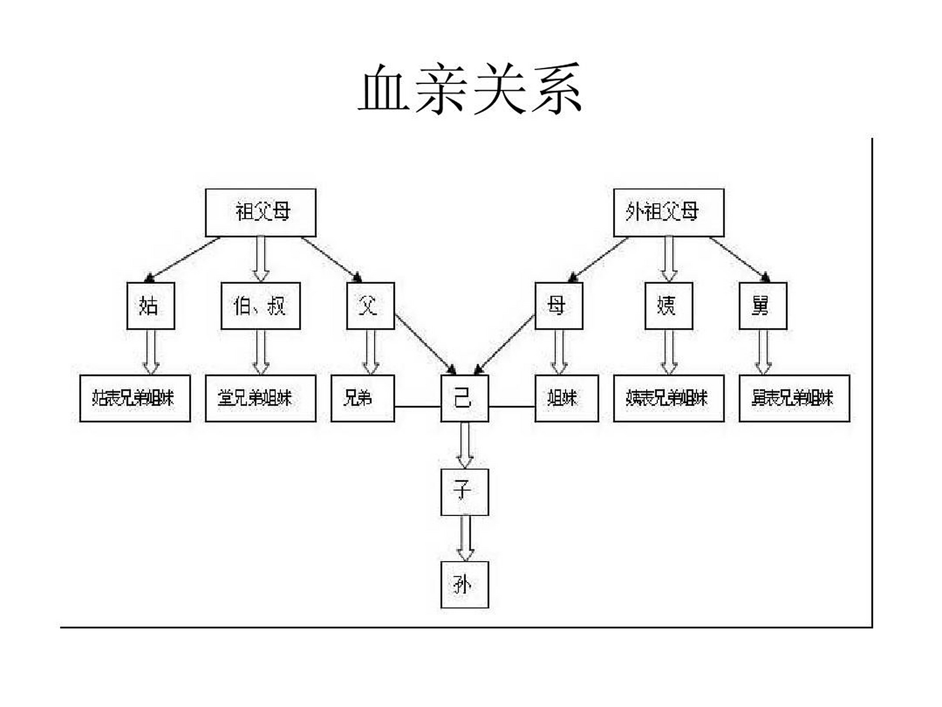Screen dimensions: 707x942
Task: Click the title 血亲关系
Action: click(470, 89)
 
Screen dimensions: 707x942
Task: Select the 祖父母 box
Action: click(260, 213)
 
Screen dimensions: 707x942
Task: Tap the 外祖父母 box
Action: click(668, 213)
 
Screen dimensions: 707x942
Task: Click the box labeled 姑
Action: click(151, 306)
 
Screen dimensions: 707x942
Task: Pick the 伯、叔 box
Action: click(260, 306)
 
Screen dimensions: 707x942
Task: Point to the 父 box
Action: click(370, 306)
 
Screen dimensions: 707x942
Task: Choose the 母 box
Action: click(558, 306)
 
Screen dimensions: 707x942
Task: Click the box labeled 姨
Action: click(668, 306)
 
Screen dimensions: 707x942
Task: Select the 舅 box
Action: click(763, 306)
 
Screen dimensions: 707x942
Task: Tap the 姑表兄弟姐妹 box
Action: click(135, 398)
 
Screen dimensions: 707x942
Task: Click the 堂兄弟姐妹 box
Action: click(260, 398)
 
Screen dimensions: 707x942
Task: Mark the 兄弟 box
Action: click(363, 398)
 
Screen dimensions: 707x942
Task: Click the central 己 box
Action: click(465, 398)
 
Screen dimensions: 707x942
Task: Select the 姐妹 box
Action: click(566, 398)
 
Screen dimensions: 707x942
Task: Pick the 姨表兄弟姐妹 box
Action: click(668, 398)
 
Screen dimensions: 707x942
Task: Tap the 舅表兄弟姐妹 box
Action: click(794, 398)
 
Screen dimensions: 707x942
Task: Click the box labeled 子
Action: click(465, 492)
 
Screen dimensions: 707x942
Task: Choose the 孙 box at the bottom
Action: click(465, 585)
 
